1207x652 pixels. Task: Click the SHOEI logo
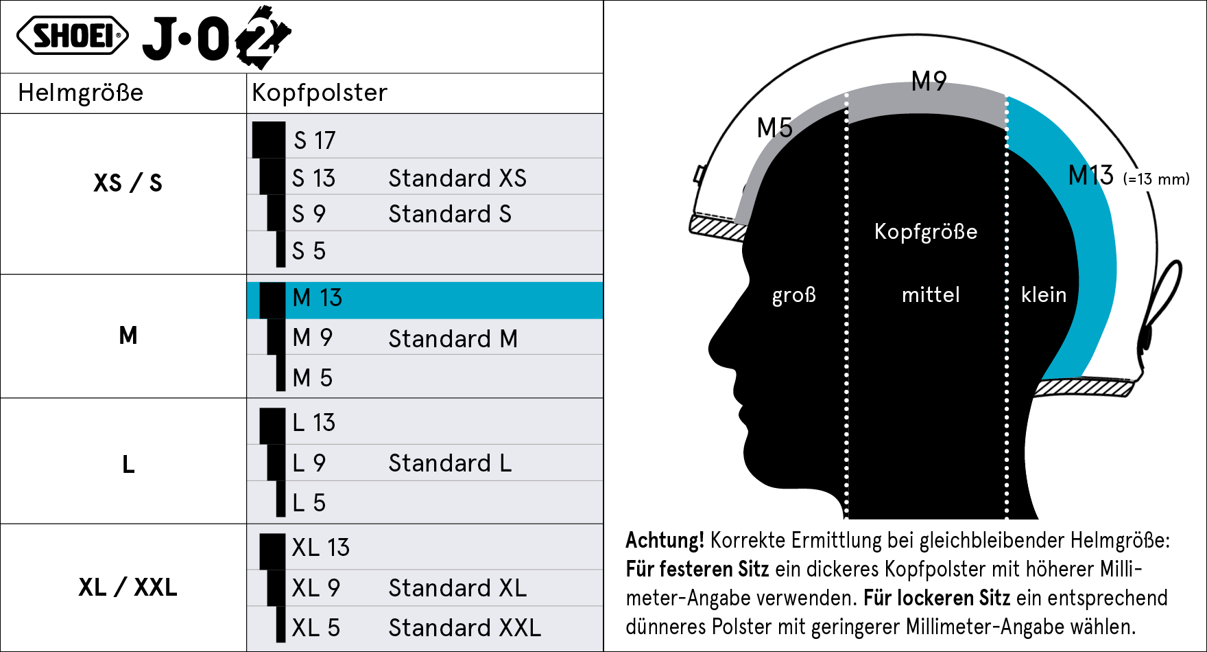coord(72,36)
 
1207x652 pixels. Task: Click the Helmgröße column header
coord(81,93)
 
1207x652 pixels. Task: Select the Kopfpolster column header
coord(320,93)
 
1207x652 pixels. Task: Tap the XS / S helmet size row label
coord(128,183)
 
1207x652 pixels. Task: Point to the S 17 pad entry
coord(315,141)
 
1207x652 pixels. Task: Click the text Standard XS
coord(457,178)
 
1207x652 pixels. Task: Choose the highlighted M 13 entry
coord(317,298)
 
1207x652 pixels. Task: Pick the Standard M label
coord(453,339)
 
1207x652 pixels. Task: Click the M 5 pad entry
coord(312,378)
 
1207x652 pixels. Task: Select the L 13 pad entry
coord(313,423)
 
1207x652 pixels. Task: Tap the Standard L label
coord(450,464)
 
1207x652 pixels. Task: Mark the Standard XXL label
coord(464,628)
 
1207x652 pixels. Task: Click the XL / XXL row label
coord(128,587)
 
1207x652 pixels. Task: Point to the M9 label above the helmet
coord(929,82)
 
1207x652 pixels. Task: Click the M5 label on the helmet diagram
coord(774,128)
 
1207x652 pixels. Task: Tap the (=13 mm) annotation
coord(1156,180)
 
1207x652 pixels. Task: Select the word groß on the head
coord(794,295)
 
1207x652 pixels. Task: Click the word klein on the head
coord(1044,295)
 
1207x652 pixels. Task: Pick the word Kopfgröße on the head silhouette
coord(926,232)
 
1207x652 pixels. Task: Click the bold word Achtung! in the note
coord(665,541)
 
